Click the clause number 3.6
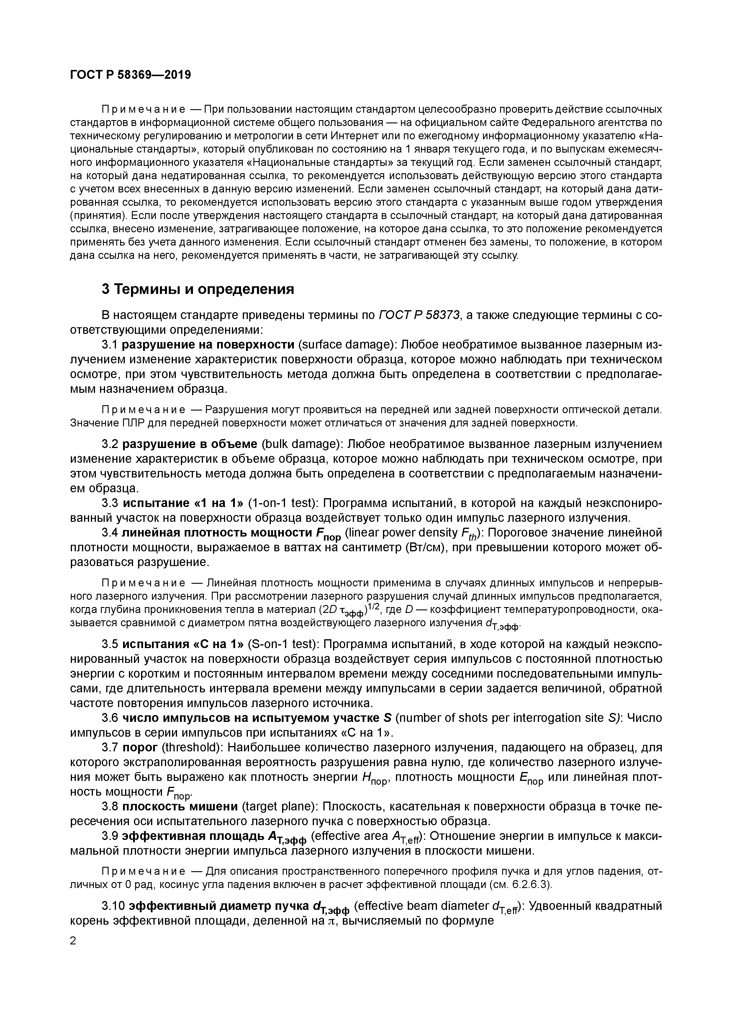[110, 718]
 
